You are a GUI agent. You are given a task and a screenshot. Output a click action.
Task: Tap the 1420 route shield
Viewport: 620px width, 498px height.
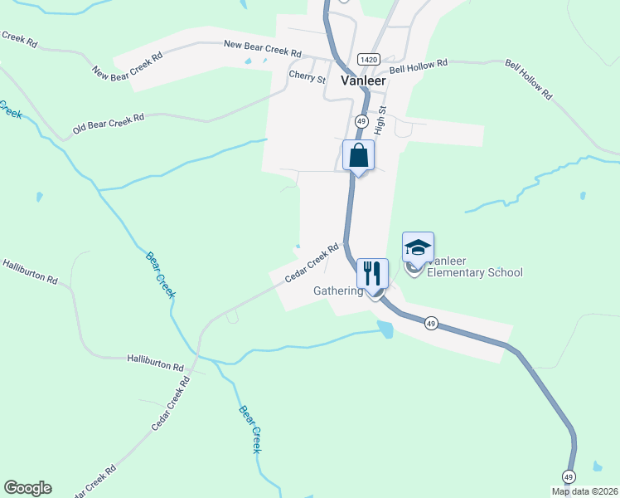pos(368,60)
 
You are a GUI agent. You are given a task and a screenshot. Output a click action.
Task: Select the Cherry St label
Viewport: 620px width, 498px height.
pos(307,76)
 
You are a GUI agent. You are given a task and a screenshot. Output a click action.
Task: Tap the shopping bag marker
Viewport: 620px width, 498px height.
pos(359,156)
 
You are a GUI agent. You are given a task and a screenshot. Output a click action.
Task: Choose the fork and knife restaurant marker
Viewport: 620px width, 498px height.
pos(371,272)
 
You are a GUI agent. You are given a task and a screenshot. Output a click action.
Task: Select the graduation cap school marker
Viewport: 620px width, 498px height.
pos(418,247)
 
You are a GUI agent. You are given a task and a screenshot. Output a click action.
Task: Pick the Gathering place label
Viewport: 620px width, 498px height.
pos(338,291)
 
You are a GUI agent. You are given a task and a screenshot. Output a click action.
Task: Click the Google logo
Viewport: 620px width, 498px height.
pos(27,488)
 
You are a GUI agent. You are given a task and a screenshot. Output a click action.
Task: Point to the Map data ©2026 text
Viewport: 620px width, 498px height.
pos(584,491)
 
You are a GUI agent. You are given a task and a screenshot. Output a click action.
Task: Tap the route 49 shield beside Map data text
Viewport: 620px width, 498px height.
pos(568,476)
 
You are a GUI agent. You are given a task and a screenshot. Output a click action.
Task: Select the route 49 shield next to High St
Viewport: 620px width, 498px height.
pos(363,120)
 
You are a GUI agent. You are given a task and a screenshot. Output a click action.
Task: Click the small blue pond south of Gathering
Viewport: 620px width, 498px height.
pos(385,330)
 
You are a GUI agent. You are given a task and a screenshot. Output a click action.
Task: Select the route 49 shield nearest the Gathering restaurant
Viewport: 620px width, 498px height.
pos(430,323)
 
